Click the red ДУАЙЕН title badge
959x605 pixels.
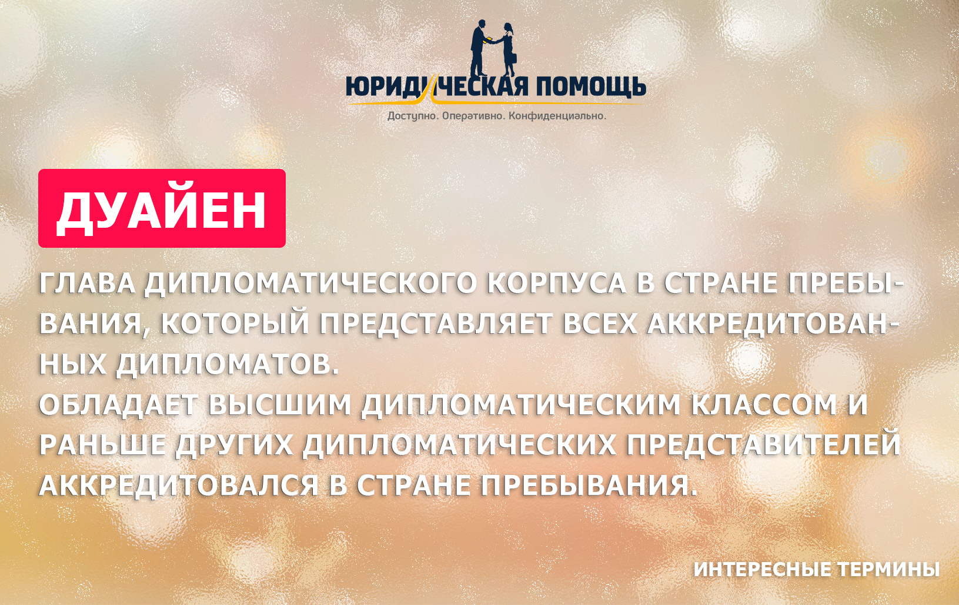tap(162, 208)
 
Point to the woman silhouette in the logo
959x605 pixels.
tap(509, 49)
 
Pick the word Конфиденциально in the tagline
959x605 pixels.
tap(557, 116)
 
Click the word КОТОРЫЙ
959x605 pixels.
tap(235, 325)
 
